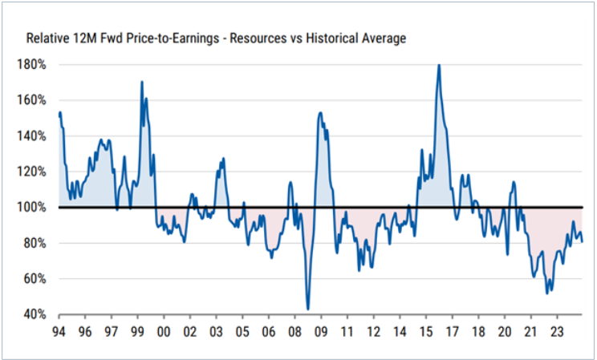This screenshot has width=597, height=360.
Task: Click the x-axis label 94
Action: [59, 330]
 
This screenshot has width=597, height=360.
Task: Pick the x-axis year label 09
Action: [321, 330]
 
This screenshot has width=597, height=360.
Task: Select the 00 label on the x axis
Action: [164, 330]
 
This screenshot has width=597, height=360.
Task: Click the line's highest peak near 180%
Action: [439, 65]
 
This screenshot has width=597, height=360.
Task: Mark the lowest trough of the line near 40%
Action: [308, 309]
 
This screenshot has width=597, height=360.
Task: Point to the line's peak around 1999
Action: [142, 82]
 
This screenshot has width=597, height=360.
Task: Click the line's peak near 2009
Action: [320, 112]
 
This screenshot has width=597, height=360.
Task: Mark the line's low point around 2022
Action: [547, 293]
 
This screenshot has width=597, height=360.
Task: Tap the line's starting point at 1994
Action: [59, 112]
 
